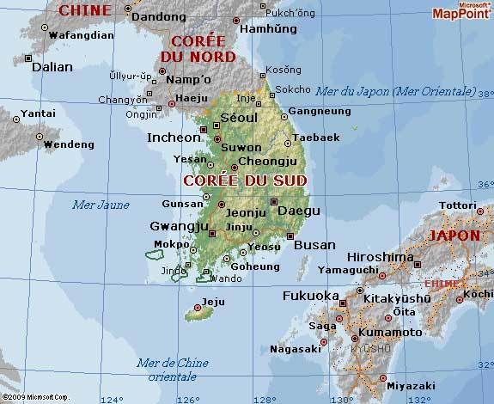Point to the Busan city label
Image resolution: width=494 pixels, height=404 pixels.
pos(314,245)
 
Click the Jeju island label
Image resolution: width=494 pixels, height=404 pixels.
pos(211,303)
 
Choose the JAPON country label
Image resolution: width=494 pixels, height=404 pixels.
pos(454,234)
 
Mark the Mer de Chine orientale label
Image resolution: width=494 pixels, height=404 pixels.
pos(171,368)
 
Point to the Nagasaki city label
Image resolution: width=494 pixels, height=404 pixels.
pos(294,349)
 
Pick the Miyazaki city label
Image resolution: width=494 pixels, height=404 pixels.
pos(413,387)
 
